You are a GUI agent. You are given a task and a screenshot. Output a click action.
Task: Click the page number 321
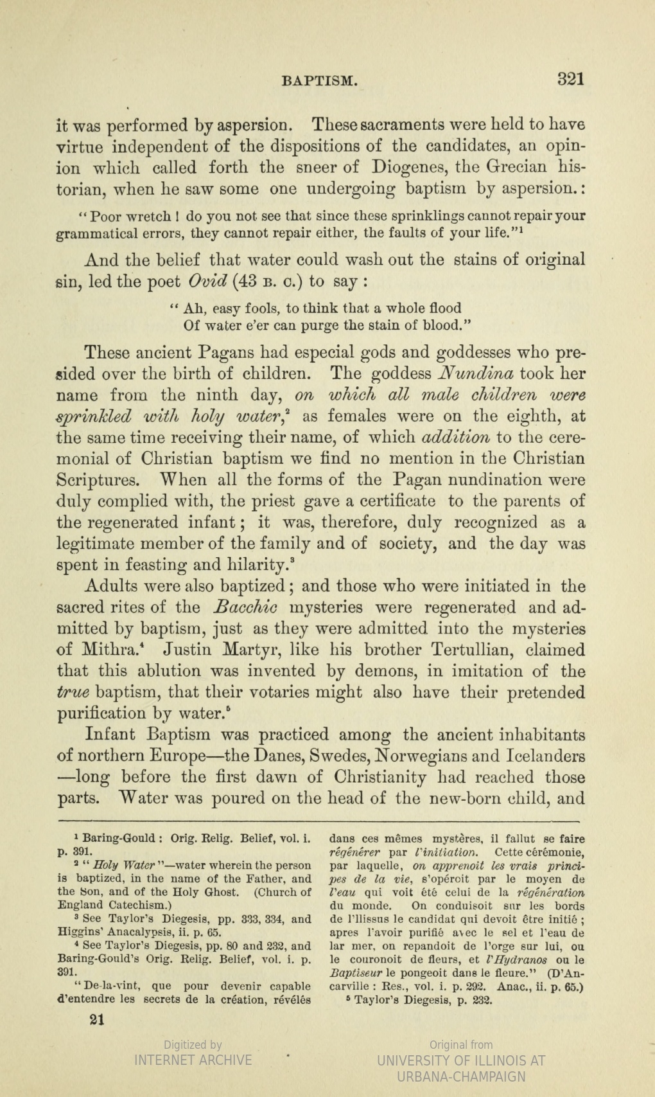(x=570, y=79)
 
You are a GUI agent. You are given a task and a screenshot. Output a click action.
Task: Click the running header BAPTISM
(x=319, y=81)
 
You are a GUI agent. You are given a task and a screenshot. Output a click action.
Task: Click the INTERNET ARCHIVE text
(x=193, y=1060)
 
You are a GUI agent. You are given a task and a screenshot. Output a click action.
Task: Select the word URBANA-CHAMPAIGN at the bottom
(x=462, y=1076)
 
